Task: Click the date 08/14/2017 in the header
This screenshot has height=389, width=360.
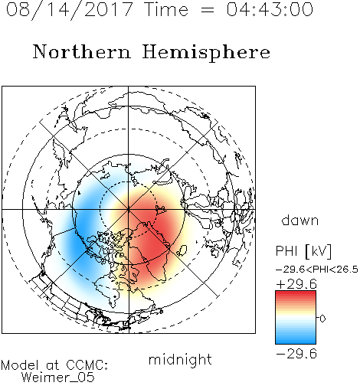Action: pyautogui.click(x=69, y=10)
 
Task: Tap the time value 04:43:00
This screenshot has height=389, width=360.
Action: pyautogui.click(x=270, y=9)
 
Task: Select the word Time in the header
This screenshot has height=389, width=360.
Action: pyautogui.click(x=166, y=9)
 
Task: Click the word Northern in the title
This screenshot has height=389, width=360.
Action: pyautogui.click(x=82, y=52)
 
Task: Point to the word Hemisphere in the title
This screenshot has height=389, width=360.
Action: pyautogui.click(x=206, y=53)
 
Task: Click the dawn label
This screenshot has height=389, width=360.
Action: pyautogui.click(x=300, y=221)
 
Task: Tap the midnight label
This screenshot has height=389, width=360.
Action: pyautogui.click(x=180, y=359)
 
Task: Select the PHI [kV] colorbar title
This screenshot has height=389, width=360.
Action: pyautogui.click(x=304, y=251)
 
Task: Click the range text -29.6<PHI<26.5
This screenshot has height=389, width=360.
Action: pyautogui.click(x=317, y=270)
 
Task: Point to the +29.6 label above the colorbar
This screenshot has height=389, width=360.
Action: pyautogui.click(x=296, y=284)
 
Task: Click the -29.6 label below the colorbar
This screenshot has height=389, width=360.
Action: pyautogui.click(x=296, y=354)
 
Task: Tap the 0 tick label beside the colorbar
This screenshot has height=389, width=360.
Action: pyautogui.click(x=322, y=319)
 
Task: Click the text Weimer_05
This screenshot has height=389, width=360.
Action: pyautogui.click(x=58, y=378)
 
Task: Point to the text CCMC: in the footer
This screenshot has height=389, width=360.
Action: pyautogui.click(x=87, y=365)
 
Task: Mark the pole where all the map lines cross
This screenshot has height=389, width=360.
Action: pyautogui.click(x=129, y=209)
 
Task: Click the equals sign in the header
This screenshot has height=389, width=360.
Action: pyautogui.click(x=208, y=10)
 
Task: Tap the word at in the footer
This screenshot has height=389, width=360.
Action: pyautogui.click(x=53, y=366)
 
